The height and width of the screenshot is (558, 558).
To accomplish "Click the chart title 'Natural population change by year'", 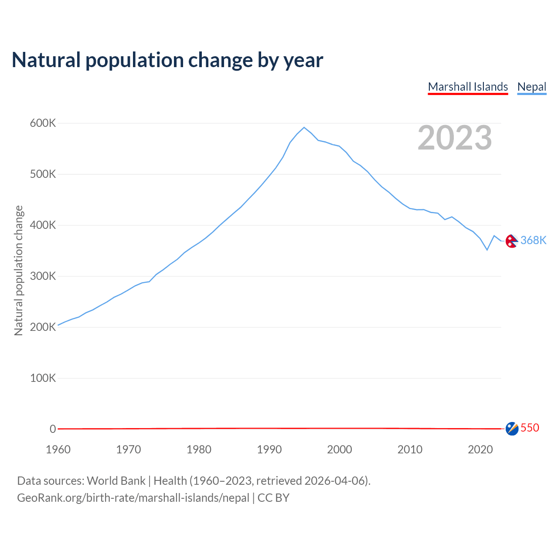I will coord(167,60).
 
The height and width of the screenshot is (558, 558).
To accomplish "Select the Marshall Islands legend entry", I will coord(468,87).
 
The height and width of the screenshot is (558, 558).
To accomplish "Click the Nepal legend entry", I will coord(532,87).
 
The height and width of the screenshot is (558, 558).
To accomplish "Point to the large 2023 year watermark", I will coord(455,138).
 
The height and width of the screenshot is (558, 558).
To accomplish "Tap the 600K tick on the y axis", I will coord(43,123).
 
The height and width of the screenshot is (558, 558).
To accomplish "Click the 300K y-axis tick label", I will coord(43,276).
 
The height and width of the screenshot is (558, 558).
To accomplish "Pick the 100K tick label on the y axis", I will coord(43,378).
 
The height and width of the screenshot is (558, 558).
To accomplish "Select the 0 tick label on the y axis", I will coord(53,429).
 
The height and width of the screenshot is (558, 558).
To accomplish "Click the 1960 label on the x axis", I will coord(58,449).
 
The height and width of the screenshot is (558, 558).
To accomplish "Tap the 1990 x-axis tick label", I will coord(269,449).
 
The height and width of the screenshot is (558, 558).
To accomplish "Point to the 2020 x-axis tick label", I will coord(480,449).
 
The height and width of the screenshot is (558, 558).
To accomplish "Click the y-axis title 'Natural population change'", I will coord(18,271).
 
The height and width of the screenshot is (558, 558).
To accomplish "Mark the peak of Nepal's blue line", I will coord(304,127).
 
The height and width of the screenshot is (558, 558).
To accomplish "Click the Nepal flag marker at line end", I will coord(512,241).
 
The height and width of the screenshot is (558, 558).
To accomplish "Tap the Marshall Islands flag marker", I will coord(512,429).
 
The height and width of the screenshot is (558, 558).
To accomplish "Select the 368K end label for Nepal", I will coord(533,241).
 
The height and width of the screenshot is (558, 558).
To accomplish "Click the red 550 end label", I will coord(530,428).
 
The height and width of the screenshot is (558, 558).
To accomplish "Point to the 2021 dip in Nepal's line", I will coord(487,250).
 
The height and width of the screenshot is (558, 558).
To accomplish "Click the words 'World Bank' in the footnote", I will coord(116,481).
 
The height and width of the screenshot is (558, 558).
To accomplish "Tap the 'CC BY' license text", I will coord(273,498).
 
